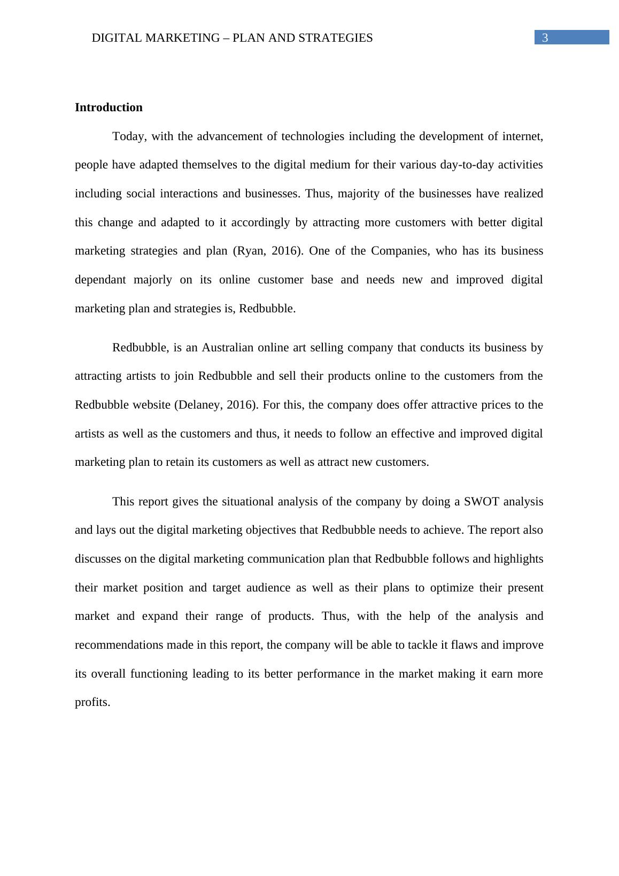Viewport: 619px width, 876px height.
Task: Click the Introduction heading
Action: pyautogui.click(x=109, y=107)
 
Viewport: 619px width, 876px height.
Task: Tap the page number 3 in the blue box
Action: pyautogui.click(x=545, y=37)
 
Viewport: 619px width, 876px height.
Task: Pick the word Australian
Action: pyautogui.click(x=227, y=348)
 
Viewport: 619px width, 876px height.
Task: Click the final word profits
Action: pyautogui.click(x=92, y=702)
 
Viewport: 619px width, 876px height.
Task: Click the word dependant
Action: pyautogui.click(x=100, y=280)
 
